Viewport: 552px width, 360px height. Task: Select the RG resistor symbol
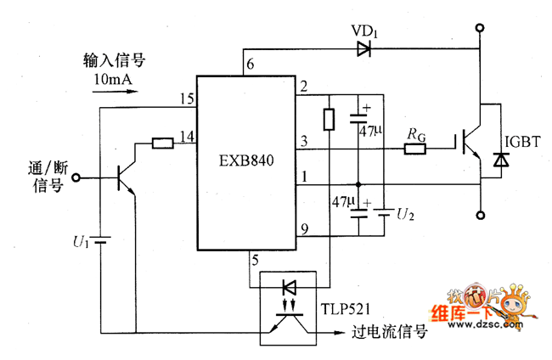tap(414, 149)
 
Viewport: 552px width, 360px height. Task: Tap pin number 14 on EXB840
tap(186, 135)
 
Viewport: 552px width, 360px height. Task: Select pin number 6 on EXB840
tap(249, 65)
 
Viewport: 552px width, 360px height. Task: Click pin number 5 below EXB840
tap(252, 260)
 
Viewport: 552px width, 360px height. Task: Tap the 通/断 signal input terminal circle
tap(77, 177)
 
